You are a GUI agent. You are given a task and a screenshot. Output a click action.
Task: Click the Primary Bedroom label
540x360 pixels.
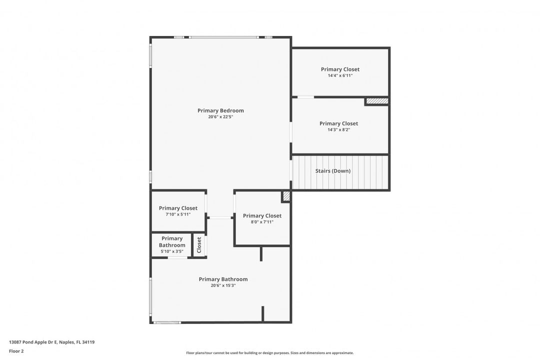click(x=220, y=110)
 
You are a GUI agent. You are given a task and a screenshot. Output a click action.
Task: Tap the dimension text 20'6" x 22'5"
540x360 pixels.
click(x=220, y=117)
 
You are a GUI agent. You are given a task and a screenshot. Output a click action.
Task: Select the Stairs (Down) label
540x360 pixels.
click(x=332, y=171)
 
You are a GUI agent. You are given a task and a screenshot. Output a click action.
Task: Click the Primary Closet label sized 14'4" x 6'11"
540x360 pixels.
click(x=340, y=69)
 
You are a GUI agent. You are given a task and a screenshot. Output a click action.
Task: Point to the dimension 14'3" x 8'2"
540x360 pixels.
click(x=338, y=130)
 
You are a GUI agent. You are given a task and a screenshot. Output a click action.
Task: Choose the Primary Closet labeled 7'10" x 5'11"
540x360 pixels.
click(x=178, y=208)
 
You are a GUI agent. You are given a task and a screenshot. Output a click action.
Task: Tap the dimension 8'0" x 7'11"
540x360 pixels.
click(x=262, y=222)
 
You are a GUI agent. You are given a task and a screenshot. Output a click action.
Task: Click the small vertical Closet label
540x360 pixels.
click(x=199, y=244)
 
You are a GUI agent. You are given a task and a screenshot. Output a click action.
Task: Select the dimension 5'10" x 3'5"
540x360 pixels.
click(x=172, y=251)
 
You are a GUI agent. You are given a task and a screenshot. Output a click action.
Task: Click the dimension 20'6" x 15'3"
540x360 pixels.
click(x=223, y=285)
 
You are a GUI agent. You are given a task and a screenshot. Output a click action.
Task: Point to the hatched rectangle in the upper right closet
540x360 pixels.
click(x=377, y=101)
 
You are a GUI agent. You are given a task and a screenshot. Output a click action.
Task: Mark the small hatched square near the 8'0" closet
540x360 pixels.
click(x=286, y=196)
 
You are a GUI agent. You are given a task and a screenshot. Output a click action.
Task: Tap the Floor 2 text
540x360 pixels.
click(x=16, y=351)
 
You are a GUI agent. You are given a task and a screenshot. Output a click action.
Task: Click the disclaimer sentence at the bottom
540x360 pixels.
click(x=269, y=353)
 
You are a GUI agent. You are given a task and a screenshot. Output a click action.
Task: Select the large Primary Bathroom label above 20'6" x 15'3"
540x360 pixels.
click(x=223, y=279)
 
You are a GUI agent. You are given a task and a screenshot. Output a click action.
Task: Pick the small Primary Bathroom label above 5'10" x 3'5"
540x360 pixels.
click(x=172, y=242)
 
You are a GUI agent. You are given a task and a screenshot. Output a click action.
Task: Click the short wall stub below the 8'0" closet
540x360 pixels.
click(x=261, y=253)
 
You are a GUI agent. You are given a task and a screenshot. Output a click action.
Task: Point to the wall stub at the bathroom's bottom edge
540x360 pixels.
click(x=263, y=314)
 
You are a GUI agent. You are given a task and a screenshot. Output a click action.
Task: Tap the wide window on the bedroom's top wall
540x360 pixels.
click(x=224, y=37)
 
